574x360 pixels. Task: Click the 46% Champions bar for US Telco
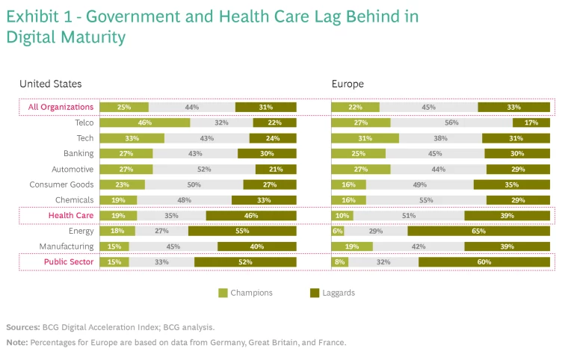[144, 122]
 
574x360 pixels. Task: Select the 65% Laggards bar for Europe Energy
[478, 232]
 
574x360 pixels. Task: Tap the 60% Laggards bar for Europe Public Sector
[484, 262]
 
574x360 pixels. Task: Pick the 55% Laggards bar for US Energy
[242, 232]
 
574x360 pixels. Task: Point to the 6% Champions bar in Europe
[337, 232]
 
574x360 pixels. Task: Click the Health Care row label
[71, 216]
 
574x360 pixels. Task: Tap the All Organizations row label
[61, 107]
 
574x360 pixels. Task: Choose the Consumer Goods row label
[61, 184]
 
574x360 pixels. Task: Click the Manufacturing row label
[67, 246]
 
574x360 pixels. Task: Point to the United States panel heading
[51, 84]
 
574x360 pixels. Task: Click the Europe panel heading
[348, 84]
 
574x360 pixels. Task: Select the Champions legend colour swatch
[223, 293]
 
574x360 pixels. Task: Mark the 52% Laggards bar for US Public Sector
[245, 262]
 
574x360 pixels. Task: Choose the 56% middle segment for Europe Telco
[451, 122]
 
